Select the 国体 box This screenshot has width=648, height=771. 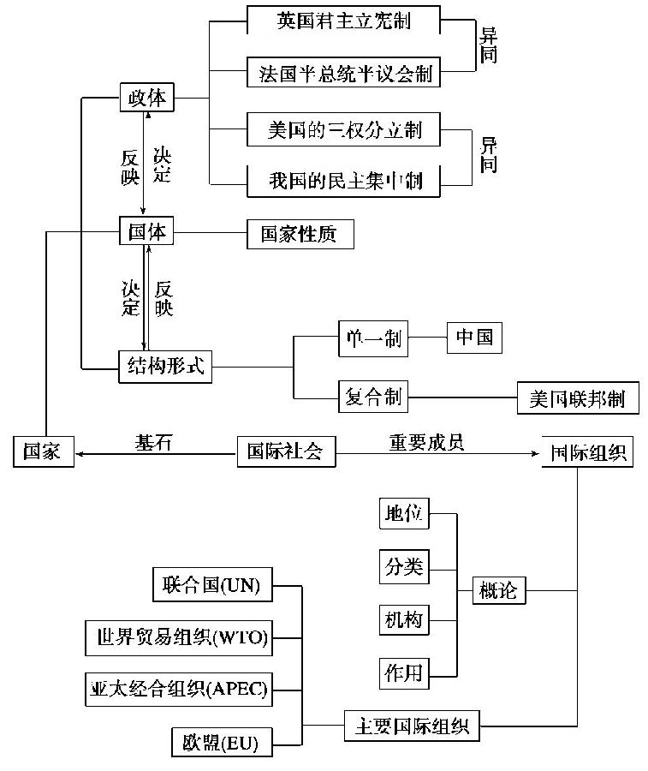[x=146, y=231]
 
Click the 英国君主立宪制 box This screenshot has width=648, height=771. [x=343, y=21]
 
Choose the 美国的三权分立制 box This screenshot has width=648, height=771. [x=343, y=130]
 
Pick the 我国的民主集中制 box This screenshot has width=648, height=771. [x=343, y=182]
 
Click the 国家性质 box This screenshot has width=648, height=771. [x=300, y=234]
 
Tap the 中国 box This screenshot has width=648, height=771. [x=474, y=338]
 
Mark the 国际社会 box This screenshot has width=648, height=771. [x=285, y=451]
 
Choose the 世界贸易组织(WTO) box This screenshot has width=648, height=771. [x=178, y=638]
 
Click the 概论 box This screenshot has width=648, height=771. [x=499, y=590]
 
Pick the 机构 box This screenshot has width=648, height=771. [x=402, y=619]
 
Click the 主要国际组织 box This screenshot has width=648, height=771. [x=412, y=726]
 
